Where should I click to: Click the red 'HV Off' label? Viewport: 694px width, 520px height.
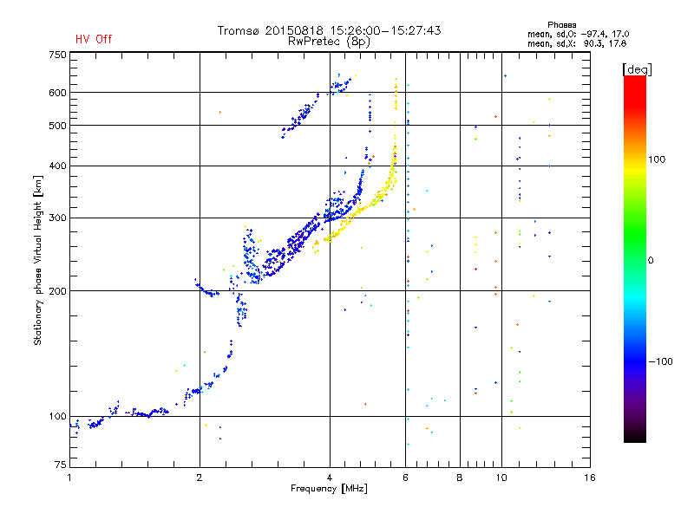(x=94, y=39)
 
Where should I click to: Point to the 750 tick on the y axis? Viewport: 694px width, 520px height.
(x=58, y=55)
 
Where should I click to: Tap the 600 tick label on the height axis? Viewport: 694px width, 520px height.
(x=58, y=93)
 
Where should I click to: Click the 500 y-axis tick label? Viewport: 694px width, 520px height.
(x=58, y=126)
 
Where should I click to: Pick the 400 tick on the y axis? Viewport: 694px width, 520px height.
(x=58, y=166)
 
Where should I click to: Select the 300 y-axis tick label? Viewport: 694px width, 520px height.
(x=58, y=218)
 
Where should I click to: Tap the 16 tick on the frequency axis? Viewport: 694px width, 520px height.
(x=589, y=478)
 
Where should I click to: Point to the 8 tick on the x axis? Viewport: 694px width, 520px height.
(x=460, y=478)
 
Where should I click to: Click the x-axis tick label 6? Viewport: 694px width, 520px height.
(x=406, y=478)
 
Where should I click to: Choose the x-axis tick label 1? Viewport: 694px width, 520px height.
(x=70, y=478)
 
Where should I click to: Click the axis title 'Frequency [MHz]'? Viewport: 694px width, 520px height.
(x=329, y=489)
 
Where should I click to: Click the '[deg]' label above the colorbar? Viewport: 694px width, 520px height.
(x=637, y=68)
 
